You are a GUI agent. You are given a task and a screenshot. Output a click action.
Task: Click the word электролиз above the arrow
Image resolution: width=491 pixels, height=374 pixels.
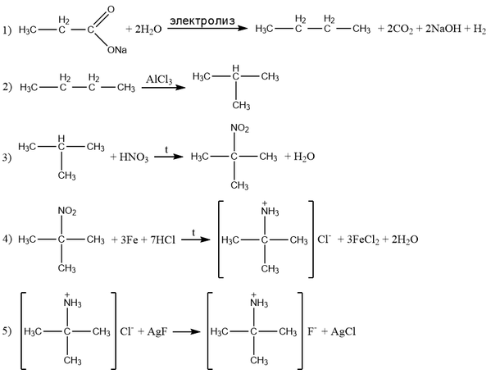pos(202,21)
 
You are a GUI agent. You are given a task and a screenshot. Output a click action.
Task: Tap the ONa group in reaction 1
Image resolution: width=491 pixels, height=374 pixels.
pos(116,50)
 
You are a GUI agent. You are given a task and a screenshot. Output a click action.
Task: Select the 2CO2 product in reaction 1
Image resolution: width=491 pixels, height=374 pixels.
pos(400,30)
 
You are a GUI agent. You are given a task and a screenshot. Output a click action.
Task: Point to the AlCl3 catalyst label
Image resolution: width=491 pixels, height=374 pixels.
pos(159,80)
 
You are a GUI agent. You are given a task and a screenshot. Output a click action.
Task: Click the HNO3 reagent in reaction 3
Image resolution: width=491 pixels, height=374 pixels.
pos(134,157)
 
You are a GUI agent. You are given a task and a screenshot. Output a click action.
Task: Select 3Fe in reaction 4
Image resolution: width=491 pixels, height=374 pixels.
pos(129,240)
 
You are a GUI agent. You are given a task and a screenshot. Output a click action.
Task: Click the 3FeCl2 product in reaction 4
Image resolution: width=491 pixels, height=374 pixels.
pos(363,240)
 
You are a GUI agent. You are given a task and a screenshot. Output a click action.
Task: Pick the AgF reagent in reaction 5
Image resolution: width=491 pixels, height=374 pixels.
pos(157,331)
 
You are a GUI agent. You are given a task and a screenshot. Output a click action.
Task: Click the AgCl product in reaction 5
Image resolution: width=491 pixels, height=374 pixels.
pos(343,331)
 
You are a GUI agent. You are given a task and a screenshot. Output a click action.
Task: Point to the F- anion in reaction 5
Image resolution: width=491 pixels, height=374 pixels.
pos(312,331)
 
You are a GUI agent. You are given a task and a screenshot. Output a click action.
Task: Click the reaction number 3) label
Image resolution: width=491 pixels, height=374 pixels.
pos(7,157)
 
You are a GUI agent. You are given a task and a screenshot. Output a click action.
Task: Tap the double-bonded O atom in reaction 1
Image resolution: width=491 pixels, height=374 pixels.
pos(111,10)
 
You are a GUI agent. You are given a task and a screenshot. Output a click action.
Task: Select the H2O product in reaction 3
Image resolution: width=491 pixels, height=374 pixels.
pos(304,157)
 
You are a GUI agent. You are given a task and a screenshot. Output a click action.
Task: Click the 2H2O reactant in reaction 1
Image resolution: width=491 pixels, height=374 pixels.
pos(148,30)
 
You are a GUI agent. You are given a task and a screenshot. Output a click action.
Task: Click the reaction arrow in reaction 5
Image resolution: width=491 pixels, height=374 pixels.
pos(187,331)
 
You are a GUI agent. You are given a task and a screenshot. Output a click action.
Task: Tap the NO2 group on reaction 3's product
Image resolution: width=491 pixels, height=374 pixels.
pos(239,129)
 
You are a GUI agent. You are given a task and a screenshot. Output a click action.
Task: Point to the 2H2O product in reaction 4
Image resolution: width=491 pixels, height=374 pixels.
pos(405,240)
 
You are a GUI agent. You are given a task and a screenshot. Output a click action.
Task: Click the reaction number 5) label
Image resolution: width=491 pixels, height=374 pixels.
pos(7,331)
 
